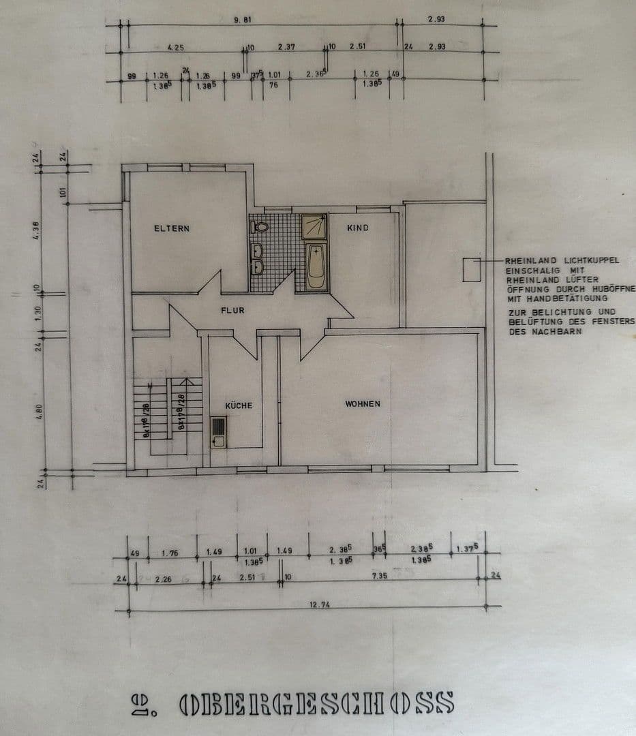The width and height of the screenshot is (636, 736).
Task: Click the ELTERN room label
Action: click(171, 229)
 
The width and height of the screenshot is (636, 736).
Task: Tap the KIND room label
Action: click(357, 228)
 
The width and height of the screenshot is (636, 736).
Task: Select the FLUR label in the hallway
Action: click(232, 310)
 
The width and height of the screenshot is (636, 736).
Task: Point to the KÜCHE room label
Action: click(238, 405)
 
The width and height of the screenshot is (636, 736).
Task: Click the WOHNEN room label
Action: click(362, 404)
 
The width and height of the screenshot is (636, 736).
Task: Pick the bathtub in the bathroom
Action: click(316, 268)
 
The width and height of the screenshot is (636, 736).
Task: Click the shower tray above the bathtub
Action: click(314, 227)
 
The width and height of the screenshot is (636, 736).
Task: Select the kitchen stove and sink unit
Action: click(218, 431)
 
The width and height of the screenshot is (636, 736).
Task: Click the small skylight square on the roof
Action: click(472, 270)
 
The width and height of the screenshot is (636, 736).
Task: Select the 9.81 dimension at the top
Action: click(243, 20)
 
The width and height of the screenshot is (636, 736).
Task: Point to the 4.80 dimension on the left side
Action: click(40, 412)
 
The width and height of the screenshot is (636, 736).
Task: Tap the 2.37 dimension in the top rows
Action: click(286, 47)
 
